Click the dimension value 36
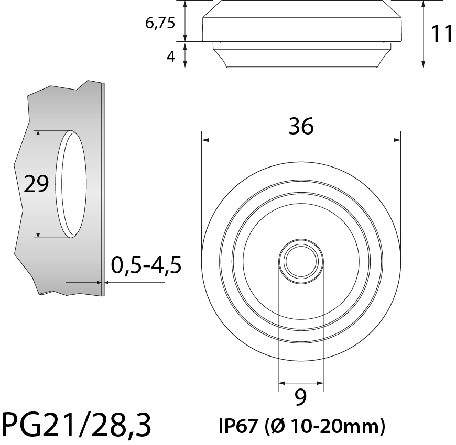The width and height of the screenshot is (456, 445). [301, 127]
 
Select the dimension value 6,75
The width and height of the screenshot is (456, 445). [160, 24]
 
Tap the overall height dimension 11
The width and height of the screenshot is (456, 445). [442, 34]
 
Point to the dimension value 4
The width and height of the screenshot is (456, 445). [170, 56]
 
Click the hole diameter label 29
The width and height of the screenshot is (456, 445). [36, 184]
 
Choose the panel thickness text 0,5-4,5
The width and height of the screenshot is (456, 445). [146, 266]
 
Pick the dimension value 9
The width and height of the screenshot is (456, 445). [300, 398]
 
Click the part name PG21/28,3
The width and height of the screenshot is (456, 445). [77, 425]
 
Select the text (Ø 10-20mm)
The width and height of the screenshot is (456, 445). [325, 426]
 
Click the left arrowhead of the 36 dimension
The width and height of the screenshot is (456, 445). [205, 140]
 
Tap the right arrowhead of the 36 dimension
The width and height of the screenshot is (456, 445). [397, 140]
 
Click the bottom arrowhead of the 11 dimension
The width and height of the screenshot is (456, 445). [423, 64]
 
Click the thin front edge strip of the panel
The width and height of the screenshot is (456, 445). [103, 188]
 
